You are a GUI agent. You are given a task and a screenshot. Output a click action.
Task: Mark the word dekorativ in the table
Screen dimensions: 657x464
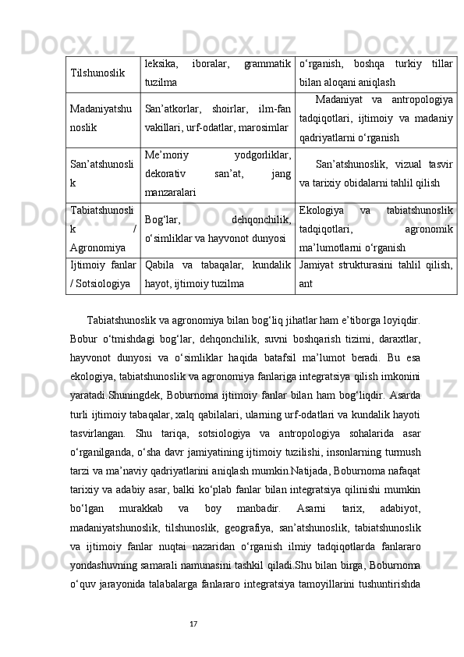coord(165,174)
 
